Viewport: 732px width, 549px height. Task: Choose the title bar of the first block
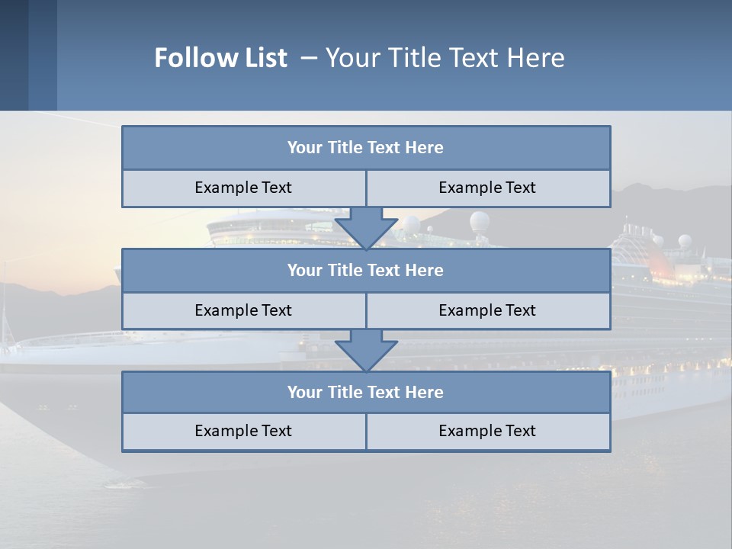click(x=366, y=148)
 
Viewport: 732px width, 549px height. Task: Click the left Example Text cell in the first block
click(x=244, y=188)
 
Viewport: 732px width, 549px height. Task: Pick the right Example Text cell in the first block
click(x=488, y=188)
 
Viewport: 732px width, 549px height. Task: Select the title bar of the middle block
click(x=366, y=271)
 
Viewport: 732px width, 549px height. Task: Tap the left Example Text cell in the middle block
click(x=244, y=310)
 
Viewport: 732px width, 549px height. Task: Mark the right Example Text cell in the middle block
click(x=488, y=310)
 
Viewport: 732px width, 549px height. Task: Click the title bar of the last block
click(x=366, y=393)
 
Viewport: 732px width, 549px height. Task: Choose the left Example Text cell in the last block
click(x=244, y=431)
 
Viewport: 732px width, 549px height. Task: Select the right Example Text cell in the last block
click(x=488, y=431)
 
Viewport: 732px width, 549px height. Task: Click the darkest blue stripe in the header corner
click(x=14, y=55)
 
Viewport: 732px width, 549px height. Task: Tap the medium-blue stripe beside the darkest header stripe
click(x=43, y=55)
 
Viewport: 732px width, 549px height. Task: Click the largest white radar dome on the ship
click(x=480, y=222)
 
